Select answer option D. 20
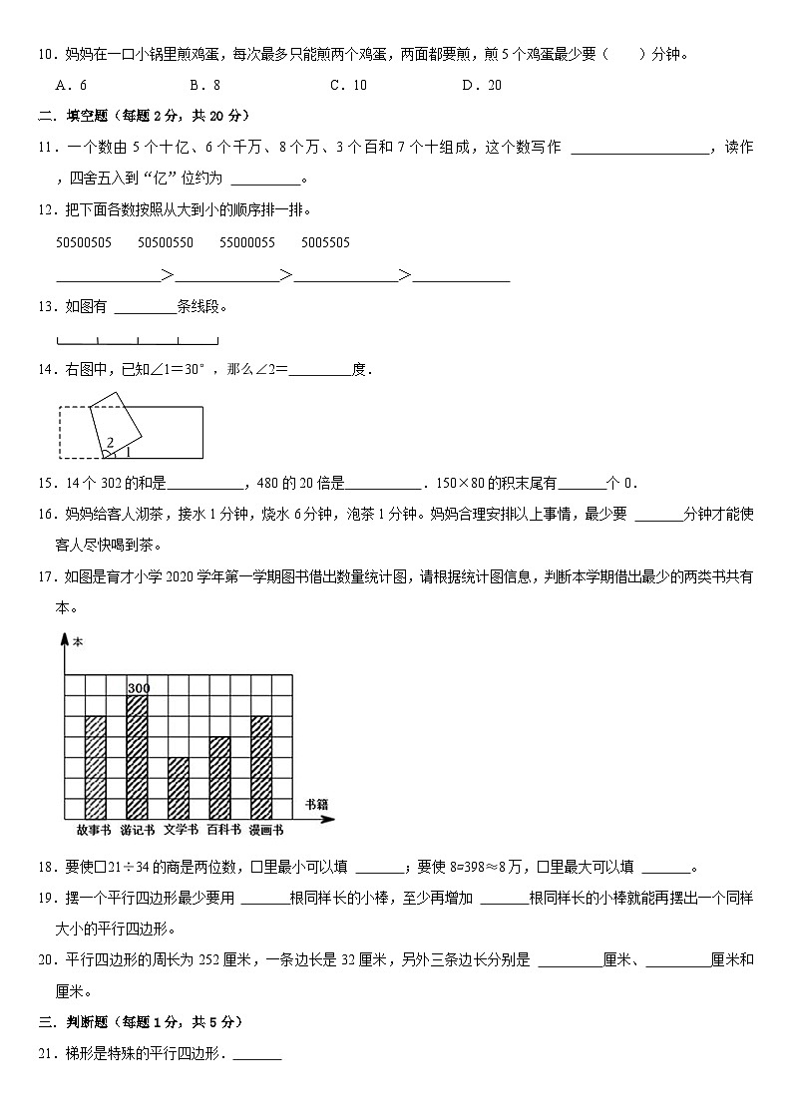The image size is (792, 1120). click(482, 85)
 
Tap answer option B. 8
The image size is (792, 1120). click(205, 85)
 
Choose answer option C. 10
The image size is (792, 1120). click(348, 85)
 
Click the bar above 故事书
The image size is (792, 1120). click(96, 767)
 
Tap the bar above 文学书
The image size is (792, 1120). click(179, 788)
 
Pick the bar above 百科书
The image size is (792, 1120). click(219, 778)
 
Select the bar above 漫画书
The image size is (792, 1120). click(261, 767)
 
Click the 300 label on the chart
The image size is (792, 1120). click(138, 687)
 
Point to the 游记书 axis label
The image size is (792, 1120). click(137, 830)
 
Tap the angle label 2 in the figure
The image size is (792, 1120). click(110, 442)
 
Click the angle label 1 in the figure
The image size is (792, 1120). click(127, 452)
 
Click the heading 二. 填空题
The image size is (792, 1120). click(72, 116)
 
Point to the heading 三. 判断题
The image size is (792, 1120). click(72, 1022)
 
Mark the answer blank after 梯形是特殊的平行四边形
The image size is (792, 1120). click(257, 1053)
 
